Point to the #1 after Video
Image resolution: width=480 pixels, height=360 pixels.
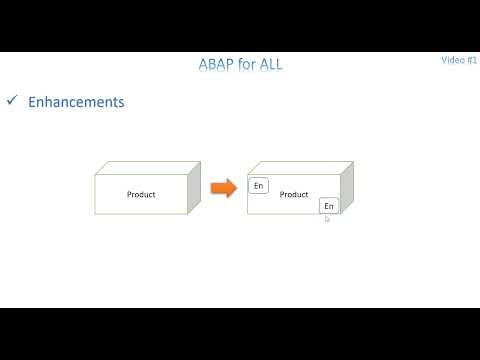pos(472,60)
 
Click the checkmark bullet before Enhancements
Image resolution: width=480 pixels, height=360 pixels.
pos(12,101)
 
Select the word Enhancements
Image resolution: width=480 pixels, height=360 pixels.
pos(77,102)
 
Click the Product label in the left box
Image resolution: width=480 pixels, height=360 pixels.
pos(141,194)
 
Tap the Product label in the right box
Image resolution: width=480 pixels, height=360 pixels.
pos(294,194)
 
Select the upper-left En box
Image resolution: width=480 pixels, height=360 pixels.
pos(258,186)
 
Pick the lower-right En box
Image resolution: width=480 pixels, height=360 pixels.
pos(329,205)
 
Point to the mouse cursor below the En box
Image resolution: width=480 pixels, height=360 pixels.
pos(327,218)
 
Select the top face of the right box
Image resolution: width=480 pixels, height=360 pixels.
pos(300,168)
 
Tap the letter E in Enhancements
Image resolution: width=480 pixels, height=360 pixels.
pos(33,102)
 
